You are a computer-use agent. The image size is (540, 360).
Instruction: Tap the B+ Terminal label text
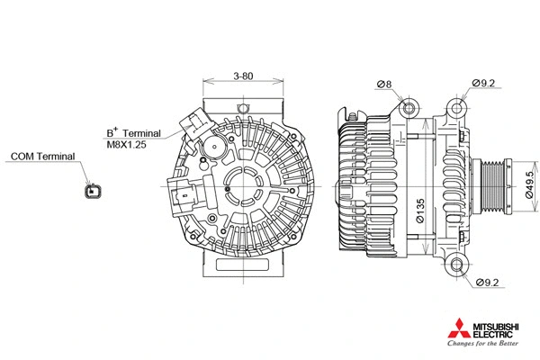click(x=133, y=131)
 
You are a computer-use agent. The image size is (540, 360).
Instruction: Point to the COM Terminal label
click(x=42, y=157)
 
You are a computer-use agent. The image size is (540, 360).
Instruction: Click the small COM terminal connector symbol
click(x=90, y=190)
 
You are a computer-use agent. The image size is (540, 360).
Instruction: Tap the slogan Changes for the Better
click(x=484, y=346)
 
